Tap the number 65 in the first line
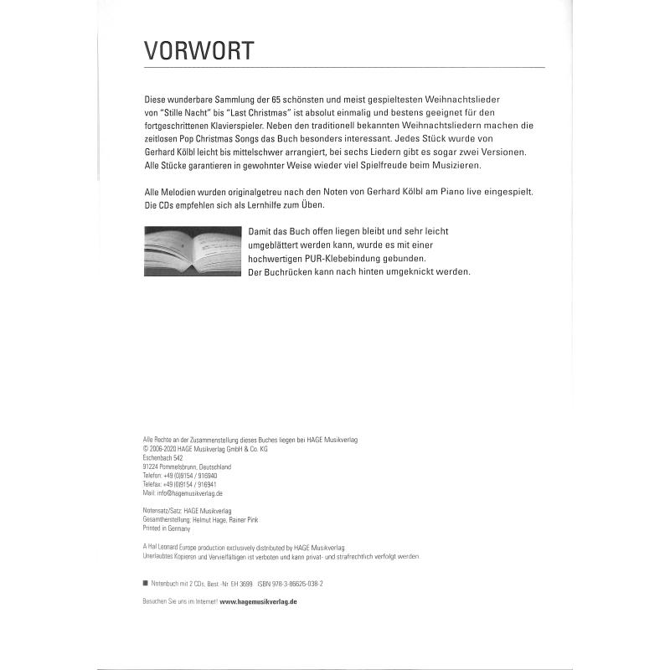pyautogui.click(x=315, y=100)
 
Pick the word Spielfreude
pyautogui.click(x=379, y=167)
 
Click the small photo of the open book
pyautogui.click(x=193, y=252)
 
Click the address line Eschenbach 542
pyautogui.click(x=164, y=458)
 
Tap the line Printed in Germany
pyautogui.click(x=167, y=528)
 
